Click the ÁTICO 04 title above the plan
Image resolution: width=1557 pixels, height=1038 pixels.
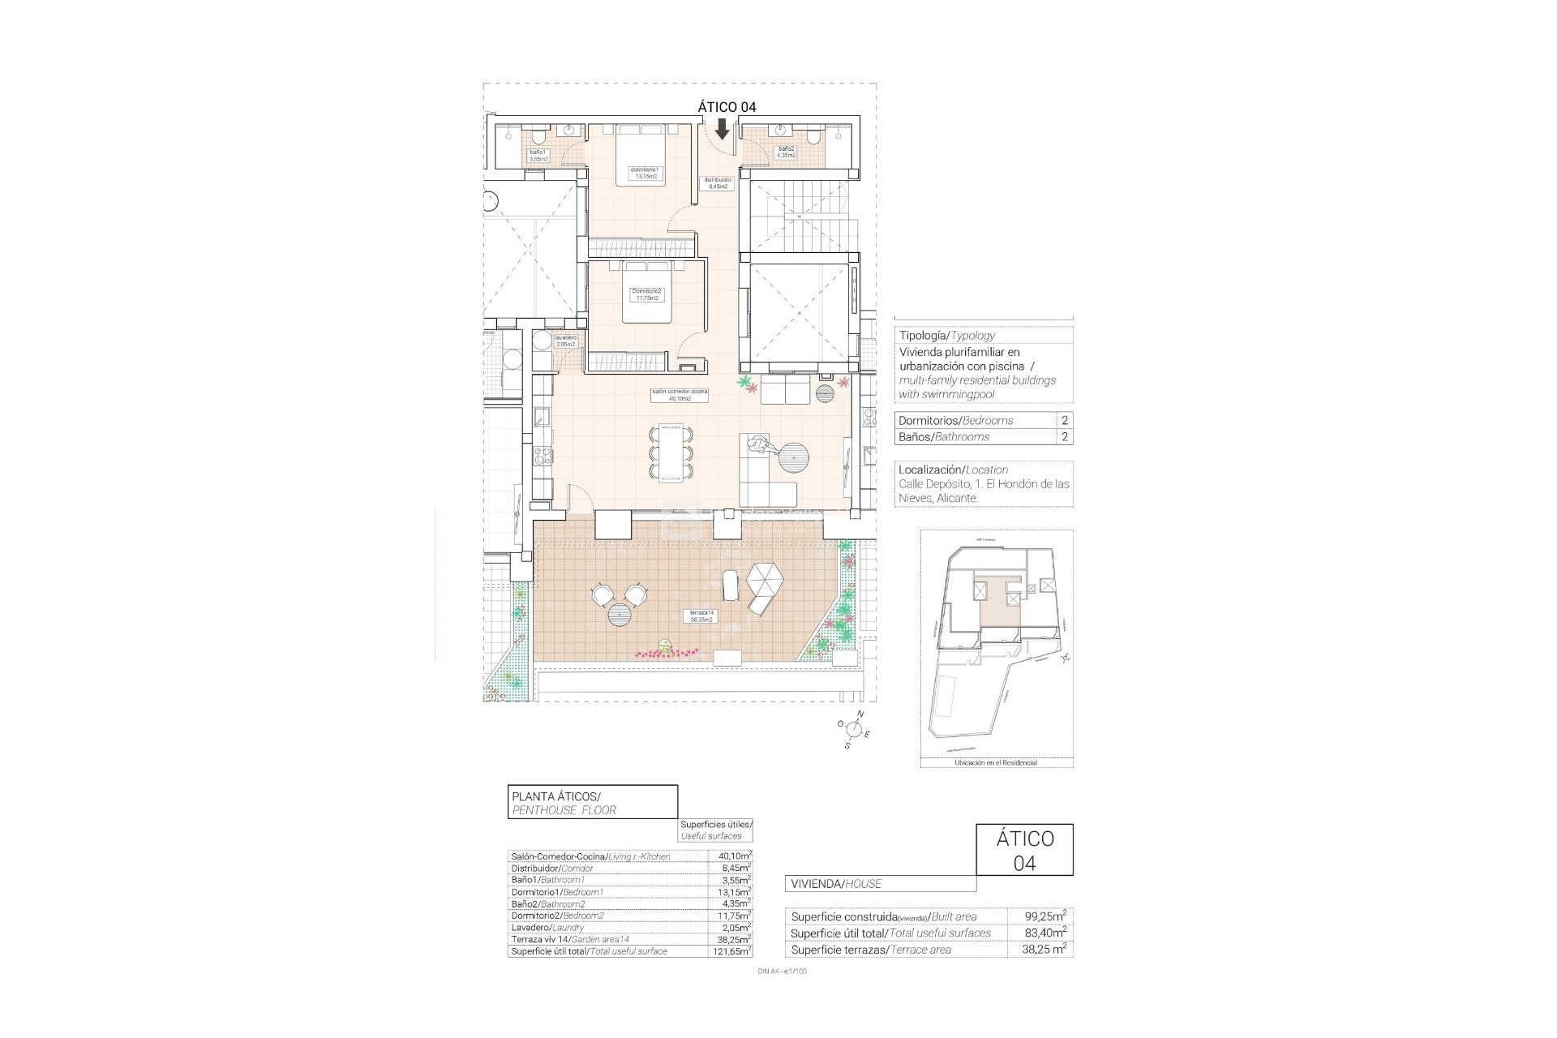727,106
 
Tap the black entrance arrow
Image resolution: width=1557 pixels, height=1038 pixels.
722,129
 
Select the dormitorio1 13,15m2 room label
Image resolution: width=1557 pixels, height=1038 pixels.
646,173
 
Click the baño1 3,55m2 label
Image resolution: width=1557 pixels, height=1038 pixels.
538,156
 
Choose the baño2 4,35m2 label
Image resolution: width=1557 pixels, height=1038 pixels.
787,152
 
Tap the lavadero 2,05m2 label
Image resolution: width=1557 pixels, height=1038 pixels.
565,341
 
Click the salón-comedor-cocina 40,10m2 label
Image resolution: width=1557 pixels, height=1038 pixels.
680,395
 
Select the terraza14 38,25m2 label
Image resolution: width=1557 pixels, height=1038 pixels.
701,616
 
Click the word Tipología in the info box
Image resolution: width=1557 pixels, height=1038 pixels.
923,335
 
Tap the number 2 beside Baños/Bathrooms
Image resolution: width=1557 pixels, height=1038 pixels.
1064,436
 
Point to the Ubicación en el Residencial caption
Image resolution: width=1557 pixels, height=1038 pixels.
996,762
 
